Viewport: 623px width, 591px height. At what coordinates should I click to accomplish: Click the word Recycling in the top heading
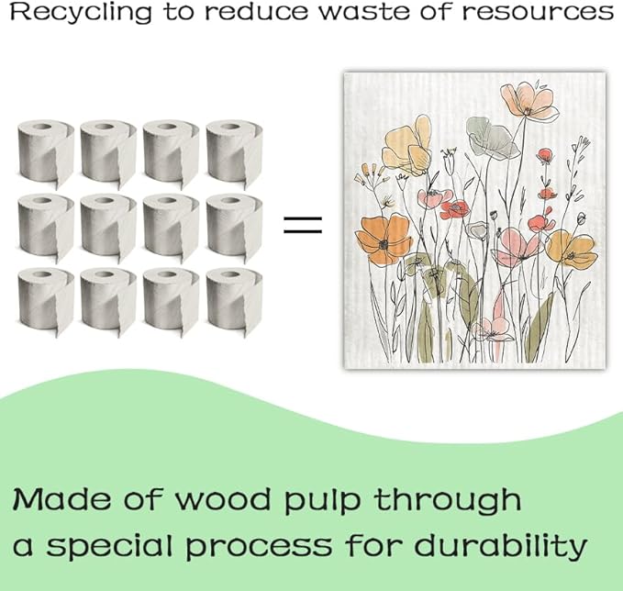(x=81, y=13)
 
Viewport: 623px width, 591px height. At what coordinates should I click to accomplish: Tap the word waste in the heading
(x=365, y=12)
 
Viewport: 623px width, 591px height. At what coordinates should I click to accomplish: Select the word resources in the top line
(x=538, y=12)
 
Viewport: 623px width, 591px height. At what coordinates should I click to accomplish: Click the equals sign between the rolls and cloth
(x=303, y=225)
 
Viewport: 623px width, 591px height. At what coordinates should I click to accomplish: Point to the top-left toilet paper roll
(x=46, y=153)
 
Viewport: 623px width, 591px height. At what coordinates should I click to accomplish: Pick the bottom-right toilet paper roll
(x=234, y=301)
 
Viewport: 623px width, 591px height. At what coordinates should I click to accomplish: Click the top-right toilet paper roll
(x=234, y=153)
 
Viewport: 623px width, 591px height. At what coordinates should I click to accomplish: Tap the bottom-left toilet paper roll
(x=46, y=301)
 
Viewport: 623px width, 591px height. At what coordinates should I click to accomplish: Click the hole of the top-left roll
(x=41, y=128)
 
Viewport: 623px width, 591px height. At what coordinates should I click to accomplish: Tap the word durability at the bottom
(x=500, y=546)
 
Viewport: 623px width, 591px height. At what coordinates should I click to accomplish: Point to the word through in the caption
(x=448, y=502)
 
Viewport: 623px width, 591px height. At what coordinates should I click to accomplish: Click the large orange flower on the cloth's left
(x=384, y=239)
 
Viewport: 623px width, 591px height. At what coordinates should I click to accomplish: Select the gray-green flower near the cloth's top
(x=492, y=138)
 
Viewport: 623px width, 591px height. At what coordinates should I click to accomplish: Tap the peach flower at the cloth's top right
(x=529, y=101)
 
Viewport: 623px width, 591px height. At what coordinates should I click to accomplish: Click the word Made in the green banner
(x=61, y=499)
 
